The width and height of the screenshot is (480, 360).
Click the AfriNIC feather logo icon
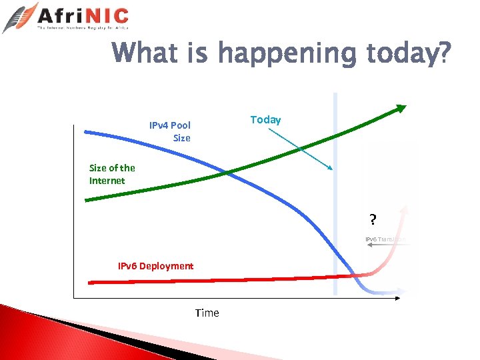[x=20, y=17]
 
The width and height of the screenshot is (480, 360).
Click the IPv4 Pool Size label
[x=171, y=131]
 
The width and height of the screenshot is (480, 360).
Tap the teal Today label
[x=265, y=119]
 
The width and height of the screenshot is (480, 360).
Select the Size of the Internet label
[x=111, y=174]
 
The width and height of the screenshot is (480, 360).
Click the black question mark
[x=373, y=219]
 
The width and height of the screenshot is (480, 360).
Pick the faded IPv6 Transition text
[x=385, y=239]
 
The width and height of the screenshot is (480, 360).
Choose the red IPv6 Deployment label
[x=155, y=266]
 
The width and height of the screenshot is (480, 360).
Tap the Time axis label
[x=207, y=313]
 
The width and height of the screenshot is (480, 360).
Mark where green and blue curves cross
[x=228, y=173]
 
